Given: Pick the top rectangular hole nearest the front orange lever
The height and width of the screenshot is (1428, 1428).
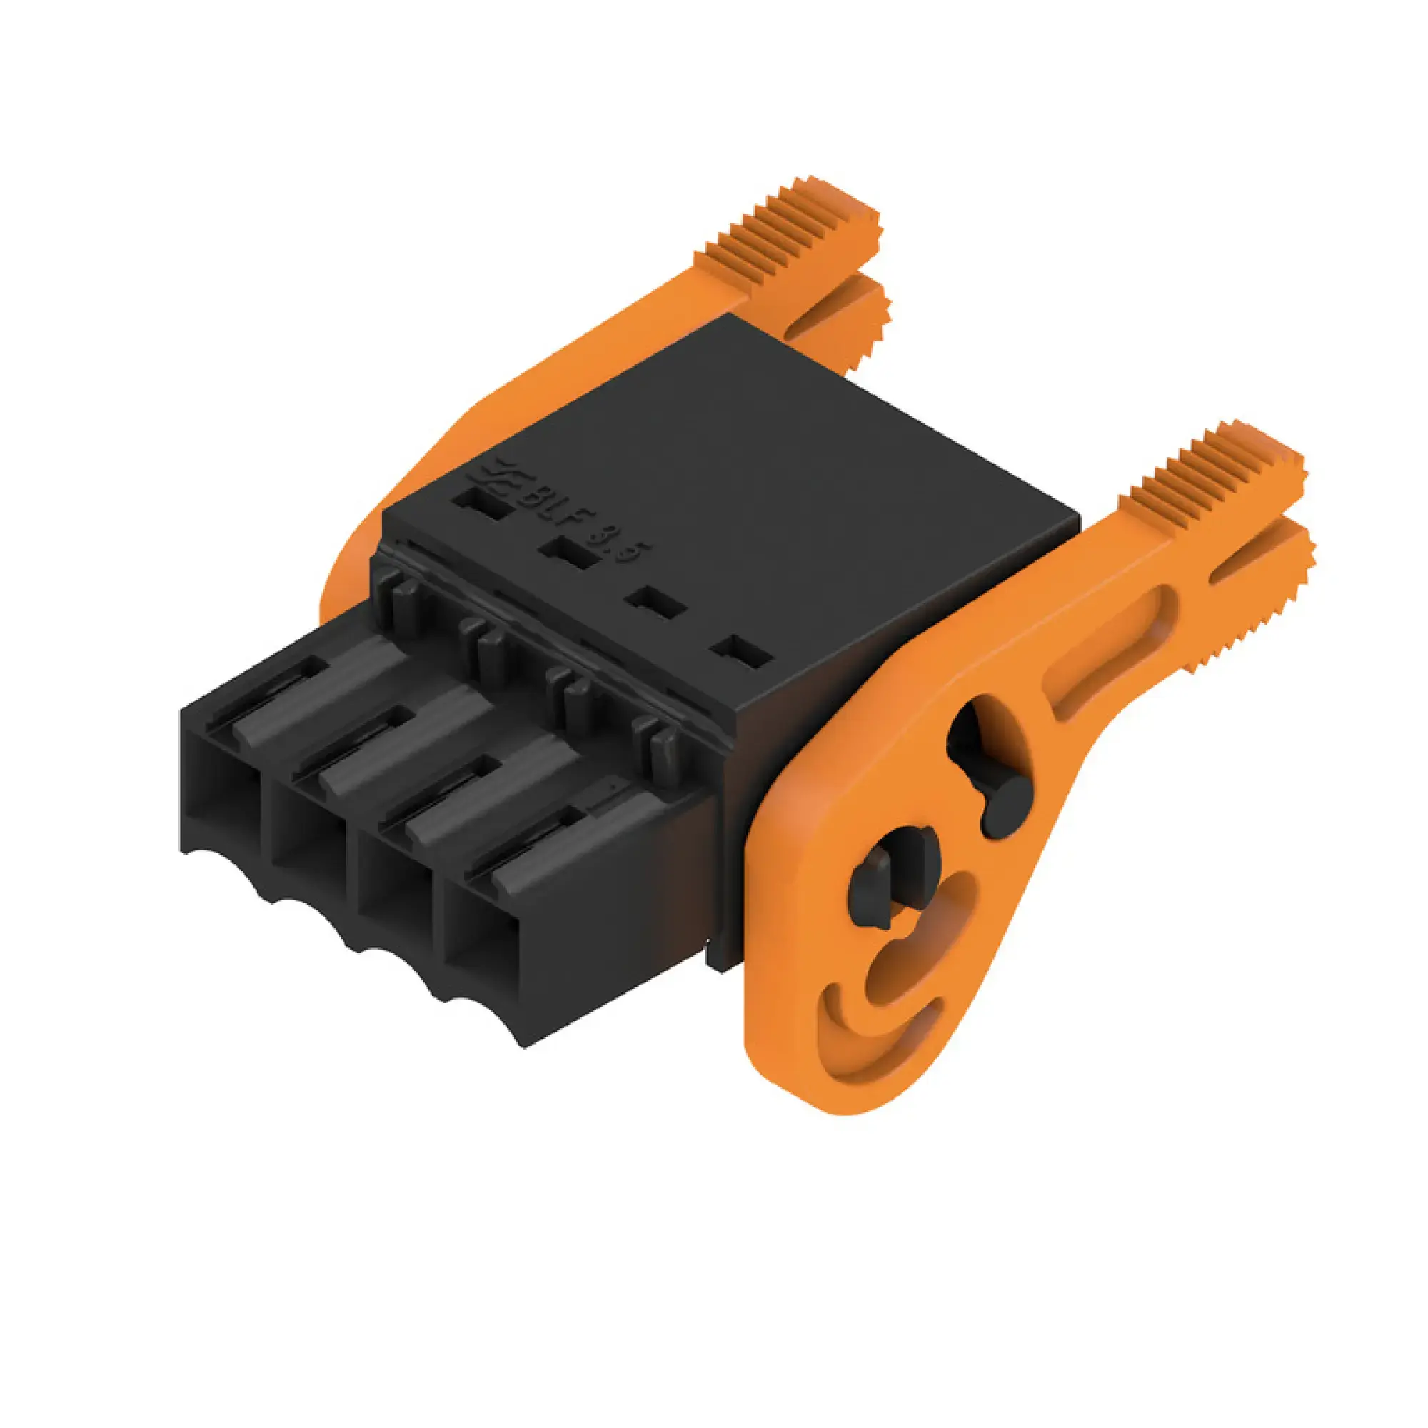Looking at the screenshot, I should (x=741, y=653).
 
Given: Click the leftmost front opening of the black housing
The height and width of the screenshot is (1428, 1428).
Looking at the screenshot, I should (x=219, y=802).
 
